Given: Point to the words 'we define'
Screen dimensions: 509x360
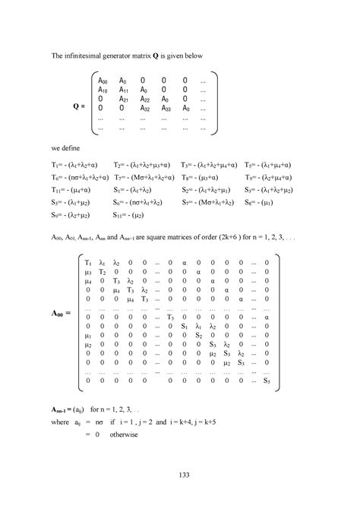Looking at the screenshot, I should click(70, 148).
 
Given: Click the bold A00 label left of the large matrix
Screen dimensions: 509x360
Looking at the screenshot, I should click(62, 313).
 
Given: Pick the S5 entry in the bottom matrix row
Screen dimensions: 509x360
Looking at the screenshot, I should click(267, 381).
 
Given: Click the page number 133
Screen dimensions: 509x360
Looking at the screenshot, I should click(180, 475).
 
